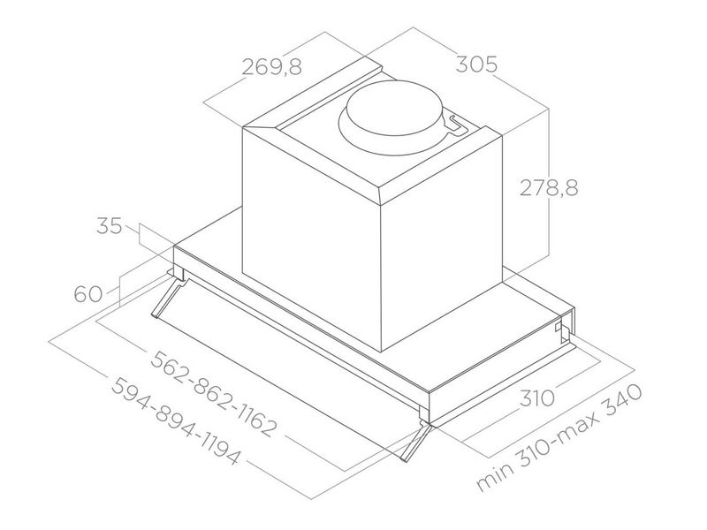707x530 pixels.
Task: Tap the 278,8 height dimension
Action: [x=548, y=188]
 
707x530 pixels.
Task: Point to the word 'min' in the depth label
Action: [x=492, y=478]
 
